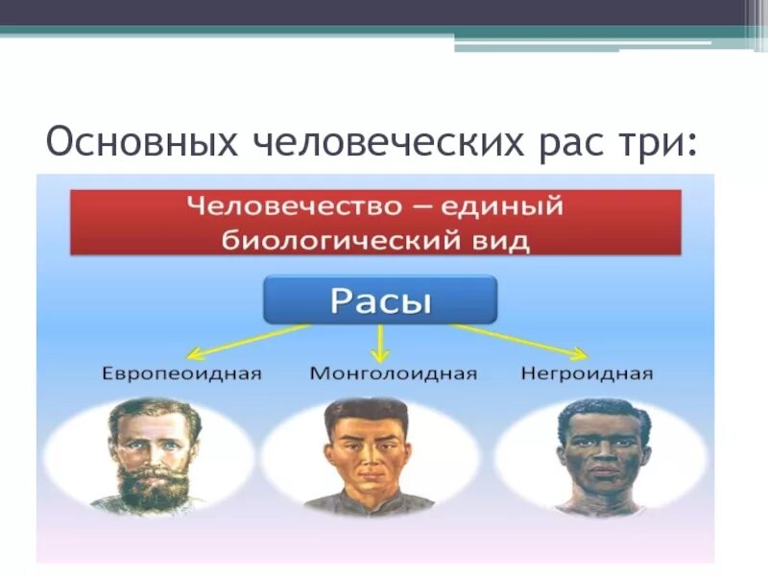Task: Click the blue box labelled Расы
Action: pos(380,300)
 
